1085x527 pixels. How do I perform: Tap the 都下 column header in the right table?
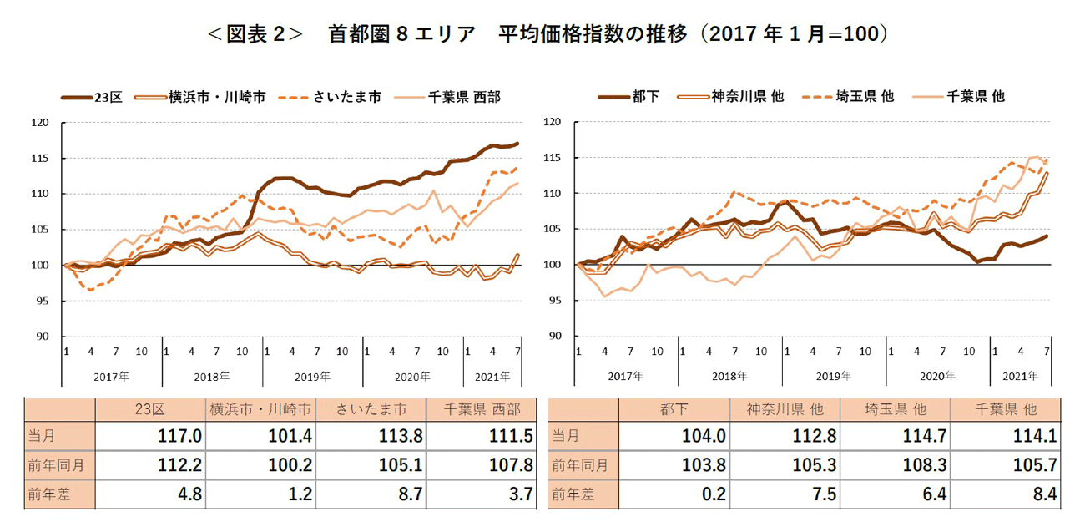pyautogui.click(x=673, y=410)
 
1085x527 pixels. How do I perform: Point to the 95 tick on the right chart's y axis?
pyautogui.click(x=555, y=300)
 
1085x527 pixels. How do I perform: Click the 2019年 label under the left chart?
pyautogui.click(x=312, y=377)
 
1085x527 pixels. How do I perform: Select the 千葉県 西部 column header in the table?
pyautogui.click(x=483, y=410)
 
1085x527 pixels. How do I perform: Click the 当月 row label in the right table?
pyautogui.click(x=567, y=436)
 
